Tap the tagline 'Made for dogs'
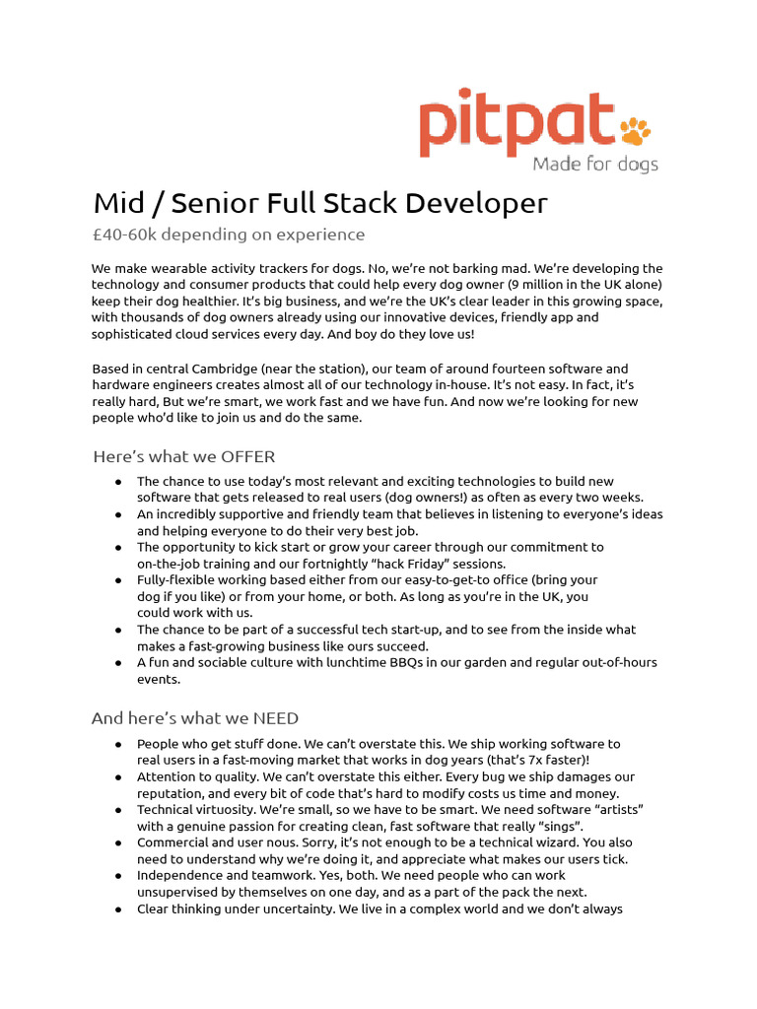[x=595, y=164]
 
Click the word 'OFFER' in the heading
[x=241, y=456]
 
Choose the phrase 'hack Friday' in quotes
[x=405, y=563]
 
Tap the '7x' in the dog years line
[x=527, y=760]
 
